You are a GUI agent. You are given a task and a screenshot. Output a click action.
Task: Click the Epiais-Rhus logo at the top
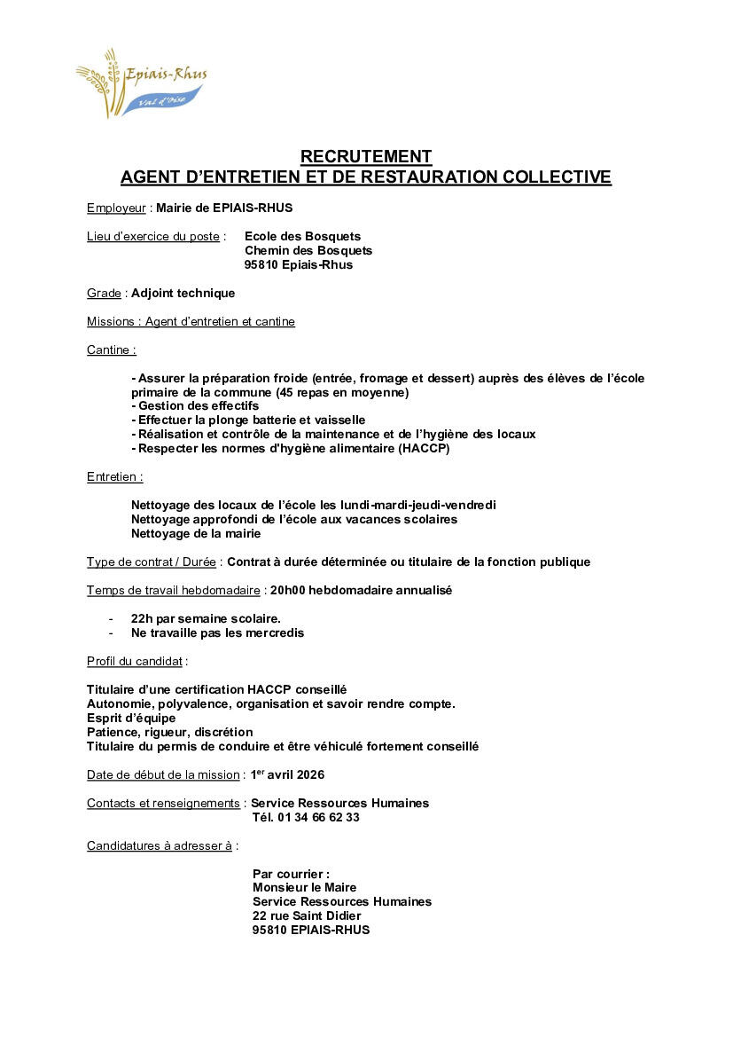point(142,82)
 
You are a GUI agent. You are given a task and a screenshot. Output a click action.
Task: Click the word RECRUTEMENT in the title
point(366,157)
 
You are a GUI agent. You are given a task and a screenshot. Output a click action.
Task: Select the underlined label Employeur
point(116,208)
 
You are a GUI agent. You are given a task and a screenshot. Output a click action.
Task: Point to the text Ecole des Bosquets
point(302,236)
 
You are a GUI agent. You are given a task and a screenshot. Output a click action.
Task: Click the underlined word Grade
point(104,294)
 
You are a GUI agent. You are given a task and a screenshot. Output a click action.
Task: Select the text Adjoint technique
point(183,294)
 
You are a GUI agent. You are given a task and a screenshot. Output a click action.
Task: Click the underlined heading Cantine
point(111,350)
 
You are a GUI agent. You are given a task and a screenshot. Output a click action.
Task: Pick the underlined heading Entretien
point(113,477)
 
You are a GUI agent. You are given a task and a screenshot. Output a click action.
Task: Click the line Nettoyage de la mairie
point(196,534)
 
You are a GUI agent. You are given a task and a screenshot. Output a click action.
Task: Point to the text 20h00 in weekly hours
point(288,591)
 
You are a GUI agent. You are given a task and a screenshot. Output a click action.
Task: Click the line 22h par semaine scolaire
point(206,619)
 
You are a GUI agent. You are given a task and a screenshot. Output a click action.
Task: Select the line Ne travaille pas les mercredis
point(217,633)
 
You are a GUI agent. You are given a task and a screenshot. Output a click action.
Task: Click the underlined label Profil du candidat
point(135,662)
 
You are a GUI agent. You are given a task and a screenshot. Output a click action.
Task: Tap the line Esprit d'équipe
point(131,719)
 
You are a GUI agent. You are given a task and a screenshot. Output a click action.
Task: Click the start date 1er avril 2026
point(286,775)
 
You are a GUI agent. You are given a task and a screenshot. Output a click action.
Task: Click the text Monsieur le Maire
point(304,888)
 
